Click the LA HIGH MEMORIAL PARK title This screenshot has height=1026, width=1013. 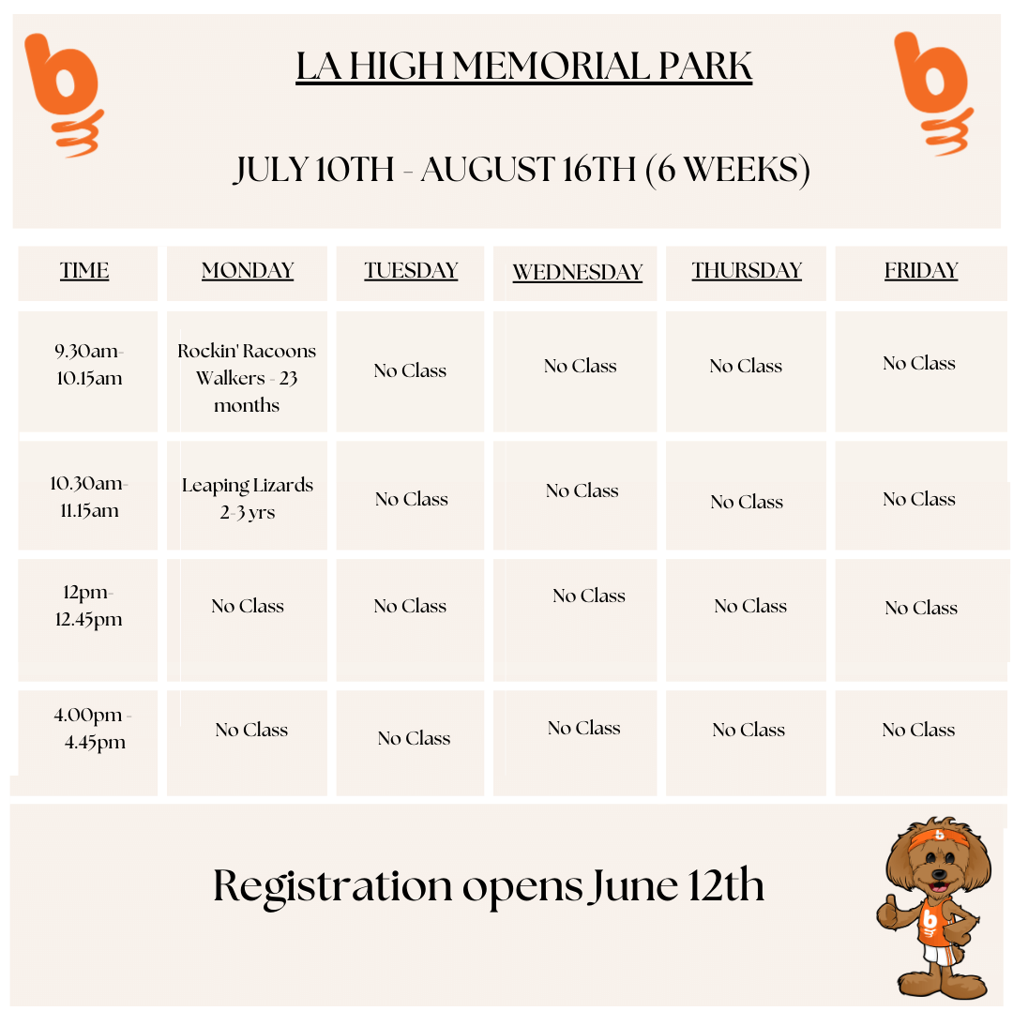pyautogui.click(x=523, y=66)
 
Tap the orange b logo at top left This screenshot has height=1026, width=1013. pyautogui.click(x=64, y=95)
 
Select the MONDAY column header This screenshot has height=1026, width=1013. pyautogui.click(x=248, y=270)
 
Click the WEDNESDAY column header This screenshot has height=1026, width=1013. pyautogui.click(x=577, y=272)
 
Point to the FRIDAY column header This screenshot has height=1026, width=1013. pyautogui.click(x=921, y=270)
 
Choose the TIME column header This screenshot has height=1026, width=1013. pyautogui.click(x=84, y=270)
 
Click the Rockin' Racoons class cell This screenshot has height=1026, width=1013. pyautogui.click(x=247, y=378)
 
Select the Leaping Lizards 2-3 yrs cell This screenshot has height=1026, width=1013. pyautogui.click(x=248, y=499)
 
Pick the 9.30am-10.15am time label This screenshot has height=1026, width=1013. pyautogui.click(x=89, y=365)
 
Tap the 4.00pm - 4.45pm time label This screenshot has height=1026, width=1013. pyautogui.click(x=93, y=729)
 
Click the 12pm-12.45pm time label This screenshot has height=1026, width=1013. pyautogui.click(x=88, y=606)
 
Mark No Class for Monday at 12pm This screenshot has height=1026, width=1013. pyautogui.click(x=248, y=606)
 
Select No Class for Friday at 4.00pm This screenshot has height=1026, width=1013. pyautogui.click(x=918, y=730)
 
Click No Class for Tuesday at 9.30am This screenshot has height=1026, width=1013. pyautogui.click(x=410, y=370)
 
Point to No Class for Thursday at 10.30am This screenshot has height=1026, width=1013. pyautogui.click(x=747, y=502)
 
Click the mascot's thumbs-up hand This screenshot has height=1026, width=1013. pyautogui.click(x=888, y=911)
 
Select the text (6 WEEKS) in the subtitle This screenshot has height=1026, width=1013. pyautogui.click(x=728, y=170)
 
